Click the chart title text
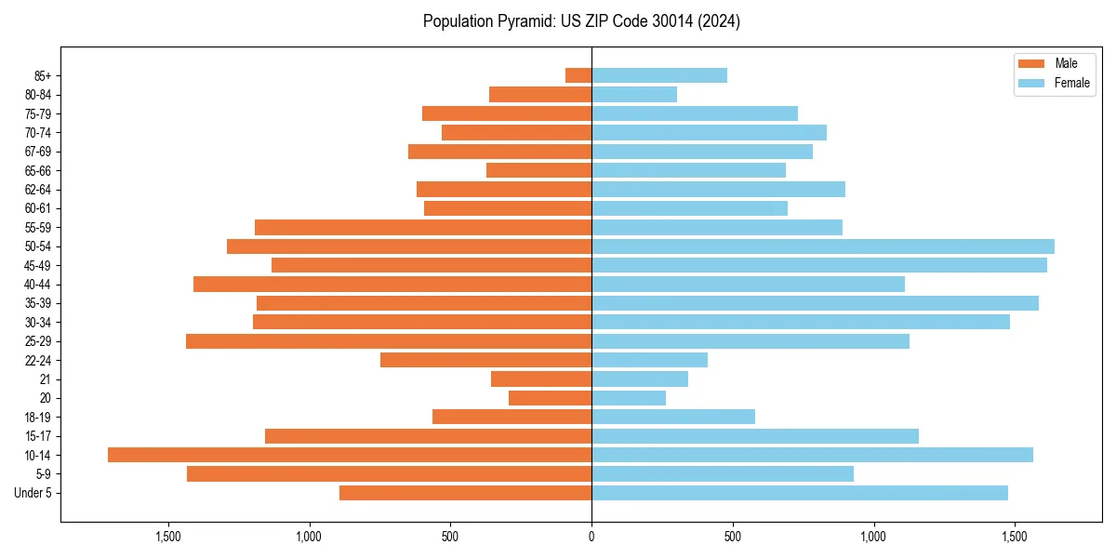coord(581,21)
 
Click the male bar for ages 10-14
coord(350,455)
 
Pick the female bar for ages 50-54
coord(823,246)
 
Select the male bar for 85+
coord(578,75)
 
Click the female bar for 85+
coord(659,75)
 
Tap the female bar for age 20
coord(629,398)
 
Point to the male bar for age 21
coord(541,379)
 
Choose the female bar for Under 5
coord(800,493)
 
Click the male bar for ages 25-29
coord(389,341)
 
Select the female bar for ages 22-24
coord(649,360)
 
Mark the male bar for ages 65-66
coord(538,170)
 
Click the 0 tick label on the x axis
coord(591,537)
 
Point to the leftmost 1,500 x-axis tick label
coord(168,537)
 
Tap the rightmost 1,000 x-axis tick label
coord(873,537)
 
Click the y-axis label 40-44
coord(38,285)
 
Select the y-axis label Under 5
coord(33,493)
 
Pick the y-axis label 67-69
coord(38,152)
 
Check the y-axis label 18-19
coord(38,417)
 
